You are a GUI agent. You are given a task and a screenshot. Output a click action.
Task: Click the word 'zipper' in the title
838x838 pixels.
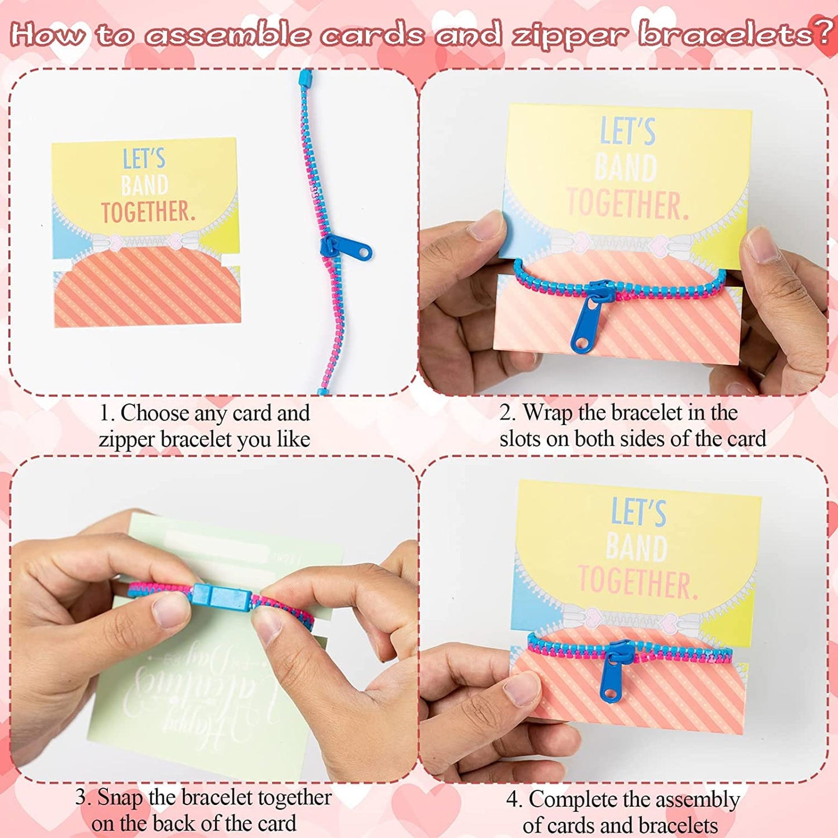tap(569, 35)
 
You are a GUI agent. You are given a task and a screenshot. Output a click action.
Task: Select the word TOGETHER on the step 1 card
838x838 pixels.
tap(148, 212)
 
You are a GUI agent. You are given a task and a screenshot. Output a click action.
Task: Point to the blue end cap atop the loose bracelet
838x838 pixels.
tap(305, 77)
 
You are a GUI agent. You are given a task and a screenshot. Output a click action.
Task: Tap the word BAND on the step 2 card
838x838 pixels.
tap(626, 168)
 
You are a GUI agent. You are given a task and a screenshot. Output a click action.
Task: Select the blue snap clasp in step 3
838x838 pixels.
tap(220, 597)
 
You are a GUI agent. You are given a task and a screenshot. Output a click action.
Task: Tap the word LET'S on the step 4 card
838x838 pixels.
tap(639, 513)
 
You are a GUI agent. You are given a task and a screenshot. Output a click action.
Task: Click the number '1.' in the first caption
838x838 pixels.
tap(107, 413)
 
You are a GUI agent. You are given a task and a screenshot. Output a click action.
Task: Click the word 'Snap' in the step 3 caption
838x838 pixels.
tap(120, 797)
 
